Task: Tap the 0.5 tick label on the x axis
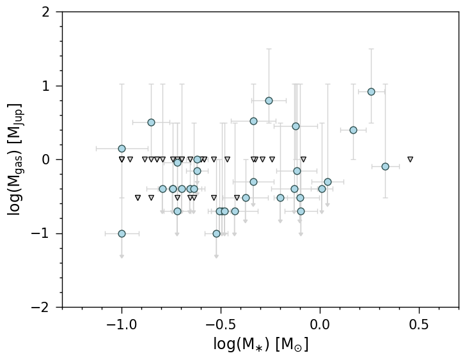pos(419,324)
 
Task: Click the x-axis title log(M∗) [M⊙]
pos(260,345)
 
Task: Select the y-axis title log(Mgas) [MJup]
pos(15,160)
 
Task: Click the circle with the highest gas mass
pos(371,91)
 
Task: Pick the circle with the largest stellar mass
pos(385,166)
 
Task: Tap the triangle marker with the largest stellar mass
pos(410,159)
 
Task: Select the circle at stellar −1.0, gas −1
pos(122,233)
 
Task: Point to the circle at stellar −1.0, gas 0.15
pos(122,148)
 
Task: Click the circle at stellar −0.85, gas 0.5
pos(151,122)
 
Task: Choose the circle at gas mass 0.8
pos(269,100)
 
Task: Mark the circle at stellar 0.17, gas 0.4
pos(353,130)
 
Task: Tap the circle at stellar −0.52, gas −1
pos(216,233)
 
